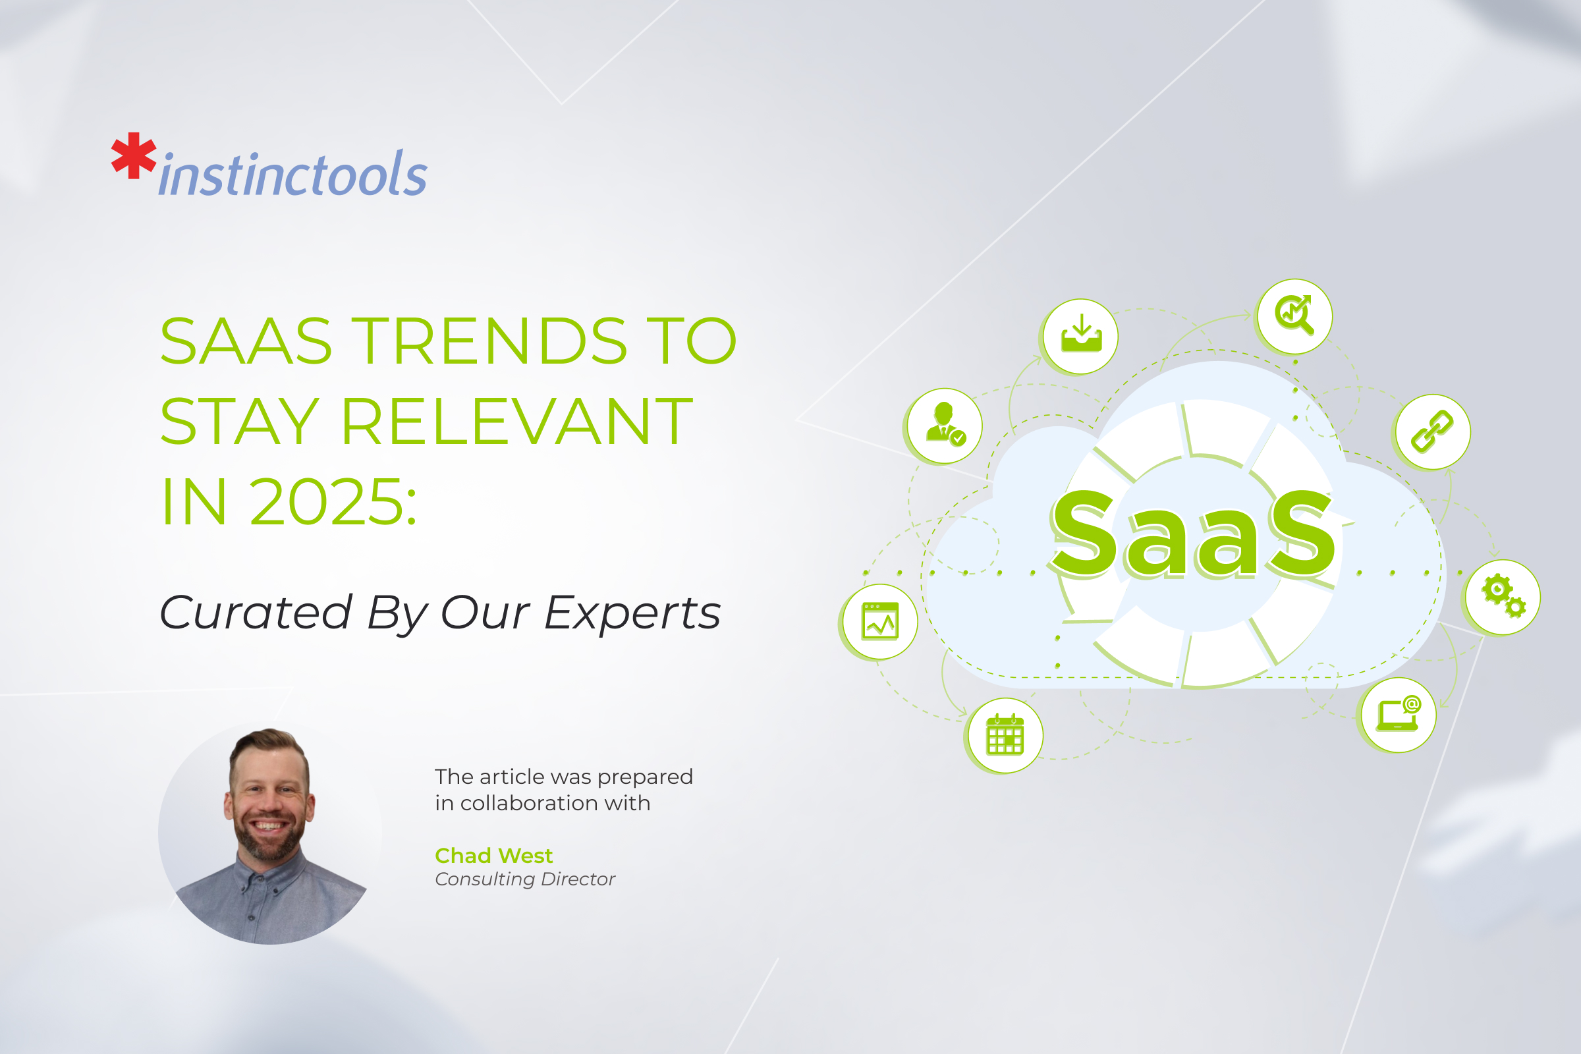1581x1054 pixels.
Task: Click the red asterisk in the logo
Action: coord(134,156)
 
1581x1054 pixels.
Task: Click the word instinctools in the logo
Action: coord(293,175)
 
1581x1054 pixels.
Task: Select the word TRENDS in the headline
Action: coord(489,341)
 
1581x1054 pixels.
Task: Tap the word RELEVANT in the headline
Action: coord(517,422)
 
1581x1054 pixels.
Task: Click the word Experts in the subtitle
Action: coord(632,613)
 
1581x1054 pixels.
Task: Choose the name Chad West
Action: coord(493,856)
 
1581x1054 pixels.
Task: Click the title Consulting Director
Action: coord(525,879)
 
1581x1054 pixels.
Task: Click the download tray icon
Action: coord(1081,335)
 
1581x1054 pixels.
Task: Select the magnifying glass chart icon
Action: coord(1294,316)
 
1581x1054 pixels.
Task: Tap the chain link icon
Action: coord(1431,431)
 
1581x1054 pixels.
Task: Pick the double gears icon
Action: coord(1503,596)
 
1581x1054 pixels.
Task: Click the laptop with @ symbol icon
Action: coord(1398,715)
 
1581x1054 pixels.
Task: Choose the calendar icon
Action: coord(1005,735)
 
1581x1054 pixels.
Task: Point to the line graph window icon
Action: coord(880,622)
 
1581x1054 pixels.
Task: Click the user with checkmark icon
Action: coord(945,425)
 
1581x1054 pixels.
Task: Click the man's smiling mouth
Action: coord(268,825)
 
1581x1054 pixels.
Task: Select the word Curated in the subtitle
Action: coord(256,613)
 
